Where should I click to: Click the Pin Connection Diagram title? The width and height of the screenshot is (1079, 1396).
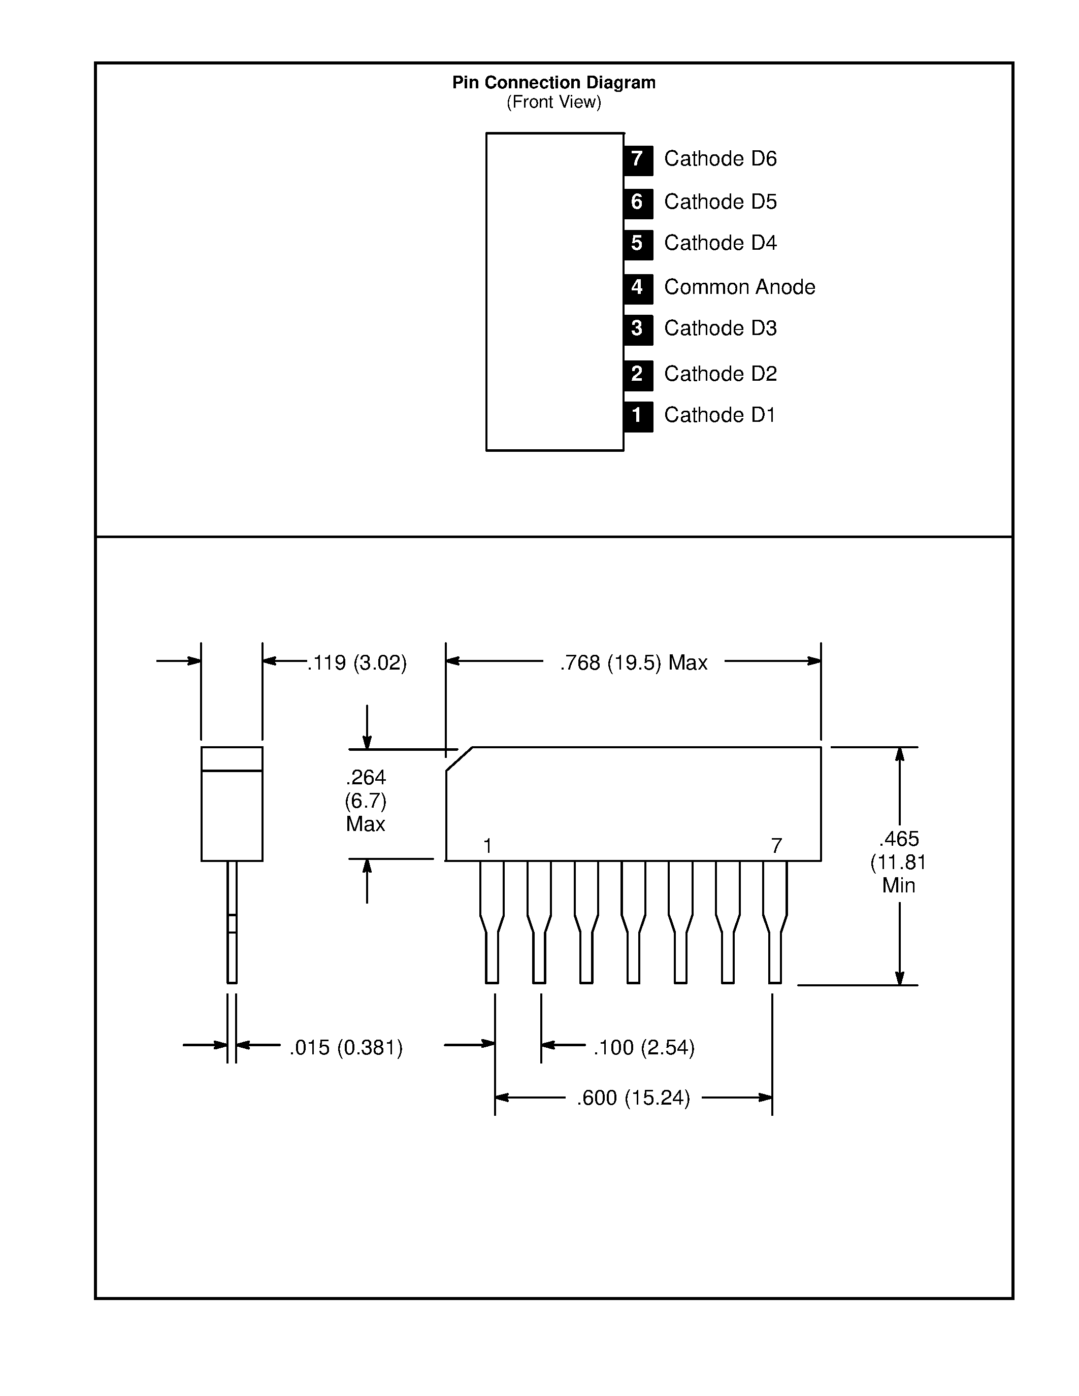click(553, 82)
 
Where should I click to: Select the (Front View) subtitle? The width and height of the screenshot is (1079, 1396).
click(553, 102)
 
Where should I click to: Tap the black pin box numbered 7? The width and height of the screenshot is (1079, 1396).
click(638, 160)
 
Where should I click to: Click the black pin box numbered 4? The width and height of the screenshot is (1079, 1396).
click(638, 288)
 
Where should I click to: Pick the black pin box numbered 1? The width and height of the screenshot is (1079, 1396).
click(638, 416)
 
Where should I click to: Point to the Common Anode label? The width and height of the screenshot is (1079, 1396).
click(740, 287)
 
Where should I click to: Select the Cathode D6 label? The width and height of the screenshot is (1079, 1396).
click(721, 158)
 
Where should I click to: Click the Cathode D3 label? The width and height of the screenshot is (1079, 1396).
click(721, 328)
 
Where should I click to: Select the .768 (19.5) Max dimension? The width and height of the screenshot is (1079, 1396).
click(634, 663)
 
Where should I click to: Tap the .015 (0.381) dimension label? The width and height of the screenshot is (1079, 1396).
click(346, 1048)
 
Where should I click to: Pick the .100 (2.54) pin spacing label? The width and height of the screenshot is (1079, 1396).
click(644, 1048)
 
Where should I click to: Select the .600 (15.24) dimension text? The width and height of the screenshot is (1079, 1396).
click(634, 1098)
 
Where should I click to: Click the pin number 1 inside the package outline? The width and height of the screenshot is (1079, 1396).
click(488, 846)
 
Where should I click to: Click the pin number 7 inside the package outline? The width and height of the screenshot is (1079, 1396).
click(777, 846)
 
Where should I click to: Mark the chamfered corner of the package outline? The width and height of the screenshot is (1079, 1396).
click(459, 759)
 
